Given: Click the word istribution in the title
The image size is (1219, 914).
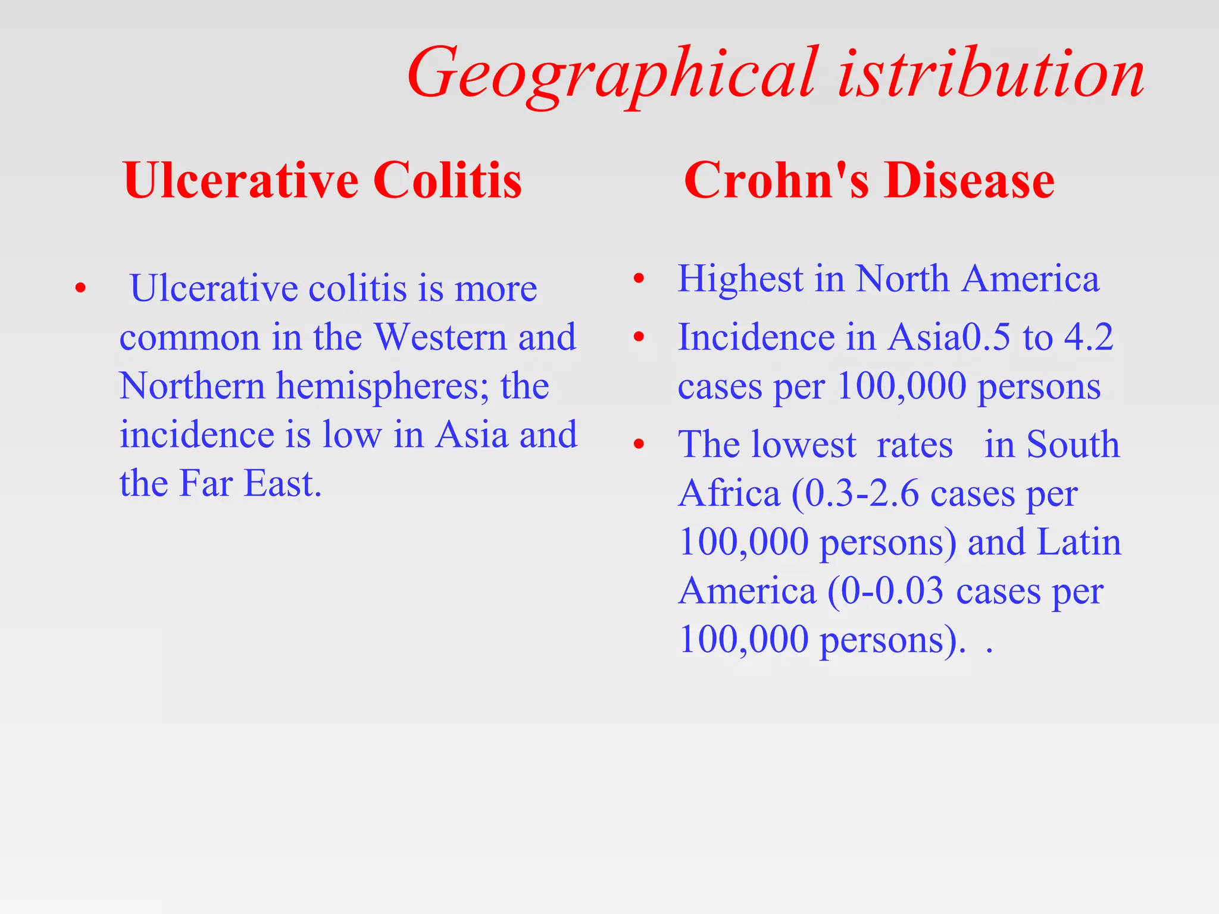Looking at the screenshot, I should (991, 74).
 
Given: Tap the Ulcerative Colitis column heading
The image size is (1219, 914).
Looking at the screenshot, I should (322, 180).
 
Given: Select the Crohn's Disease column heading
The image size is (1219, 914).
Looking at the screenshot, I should (869, 180).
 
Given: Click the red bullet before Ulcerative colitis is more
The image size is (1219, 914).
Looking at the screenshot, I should (81, 290).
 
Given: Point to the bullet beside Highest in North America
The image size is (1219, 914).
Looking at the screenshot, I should (639, 278).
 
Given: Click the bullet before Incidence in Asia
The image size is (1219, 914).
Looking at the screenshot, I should (639, 337).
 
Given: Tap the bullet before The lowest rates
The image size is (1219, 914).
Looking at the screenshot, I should (639, 444).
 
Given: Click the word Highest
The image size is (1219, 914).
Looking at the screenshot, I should (740, 278).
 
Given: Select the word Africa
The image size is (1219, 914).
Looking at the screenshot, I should (729, 494).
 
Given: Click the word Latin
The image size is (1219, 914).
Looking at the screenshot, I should (1079, 543).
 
